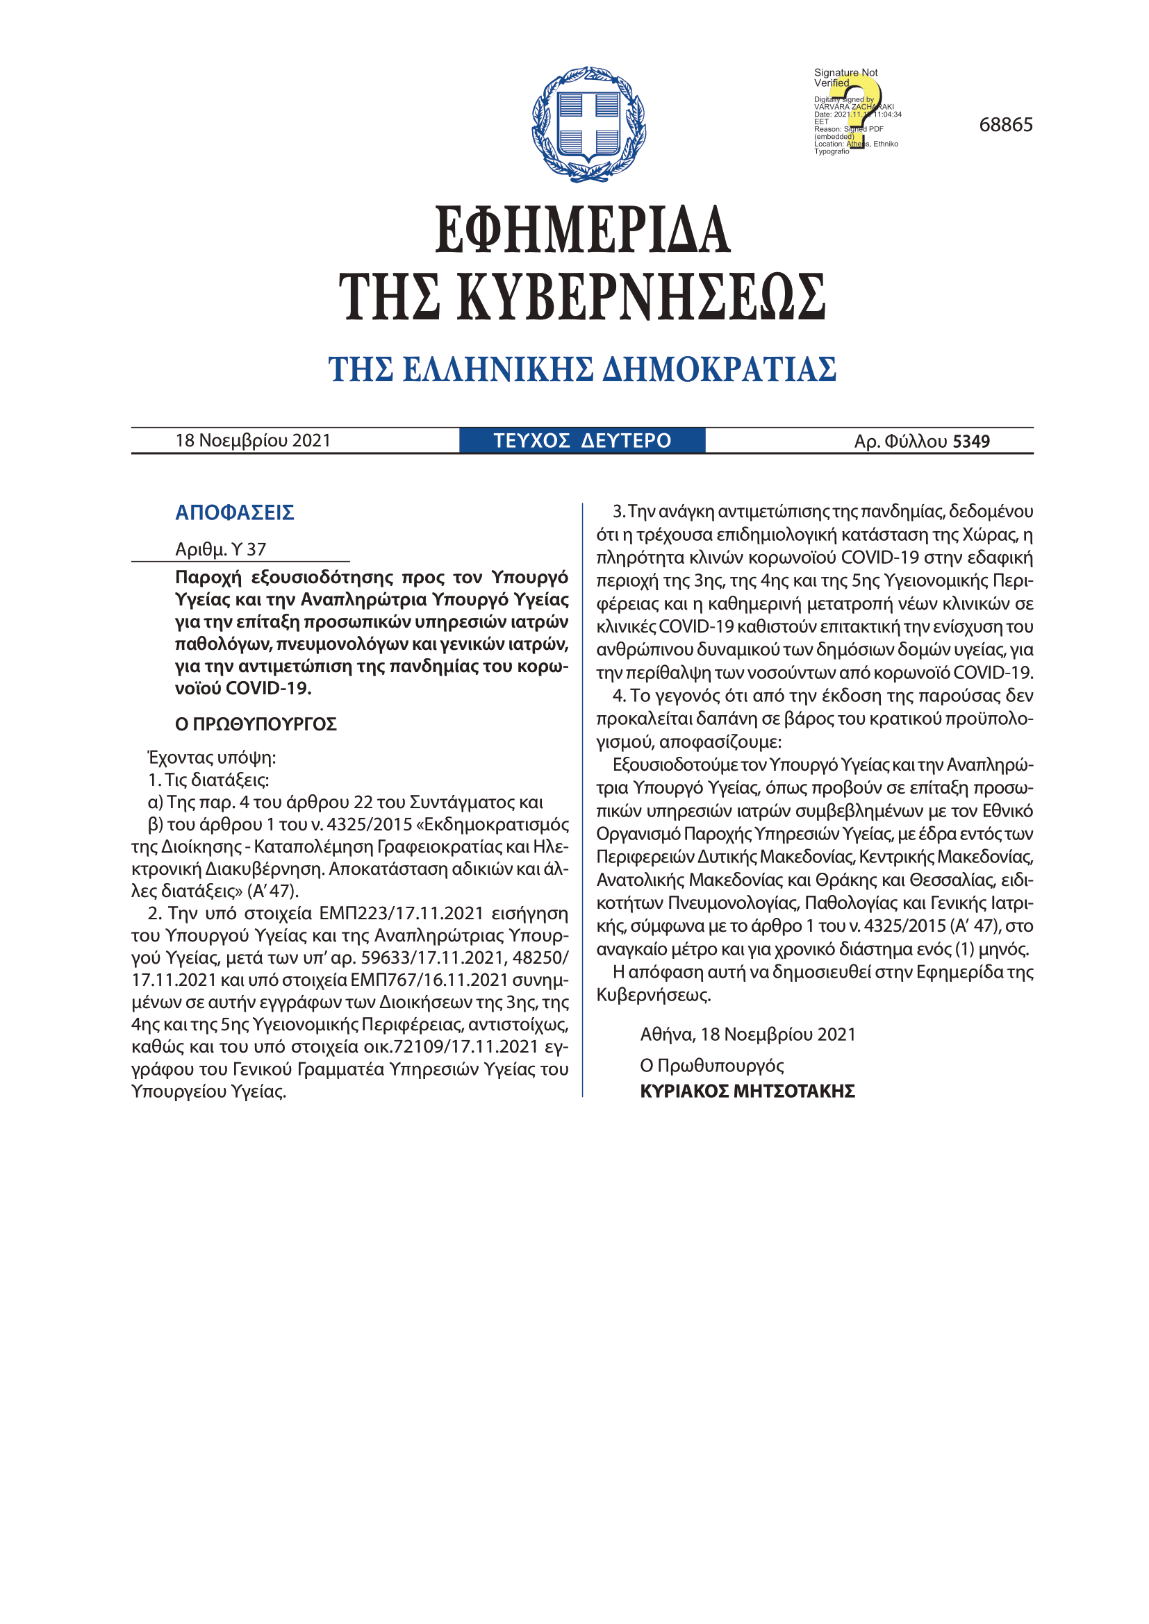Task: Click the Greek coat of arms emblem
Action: click(x=588, y=124)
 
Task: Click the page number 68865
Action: click(x=1005, y=125)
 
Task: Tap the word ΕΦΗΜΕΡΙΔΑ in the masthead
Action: click(x=582, y=230)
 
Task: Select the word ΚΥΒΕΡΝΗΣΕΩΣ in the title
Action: click(x=641, y=297)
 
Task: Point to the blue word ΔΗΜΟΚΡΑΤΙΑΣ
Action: click(x=719, y=369)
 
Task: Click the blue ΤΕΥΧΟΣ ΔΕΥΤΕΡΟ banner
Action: click(x=581, y=441)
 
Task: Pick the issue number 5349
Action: click(x=970, y=442)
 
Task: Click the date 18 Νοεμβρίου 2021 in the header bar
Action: click(x=254, y=441)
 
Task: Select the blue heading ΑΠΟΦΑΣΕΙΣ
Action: click(x=234, y=512)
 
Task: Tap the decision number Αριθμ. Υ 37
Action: click(x=221, y=549)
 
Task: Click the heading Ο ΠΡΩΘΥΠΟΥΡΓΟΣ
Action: click(x=256, y=723)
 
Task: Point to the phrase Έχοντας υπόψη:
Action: click(x=212, y=757)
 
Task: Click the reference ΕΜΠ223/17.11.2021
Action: click(x=401, y=913)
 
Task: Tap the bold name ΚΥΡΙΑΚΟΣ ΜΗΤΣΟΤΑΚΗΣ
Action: click(x=747, y=1091)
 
